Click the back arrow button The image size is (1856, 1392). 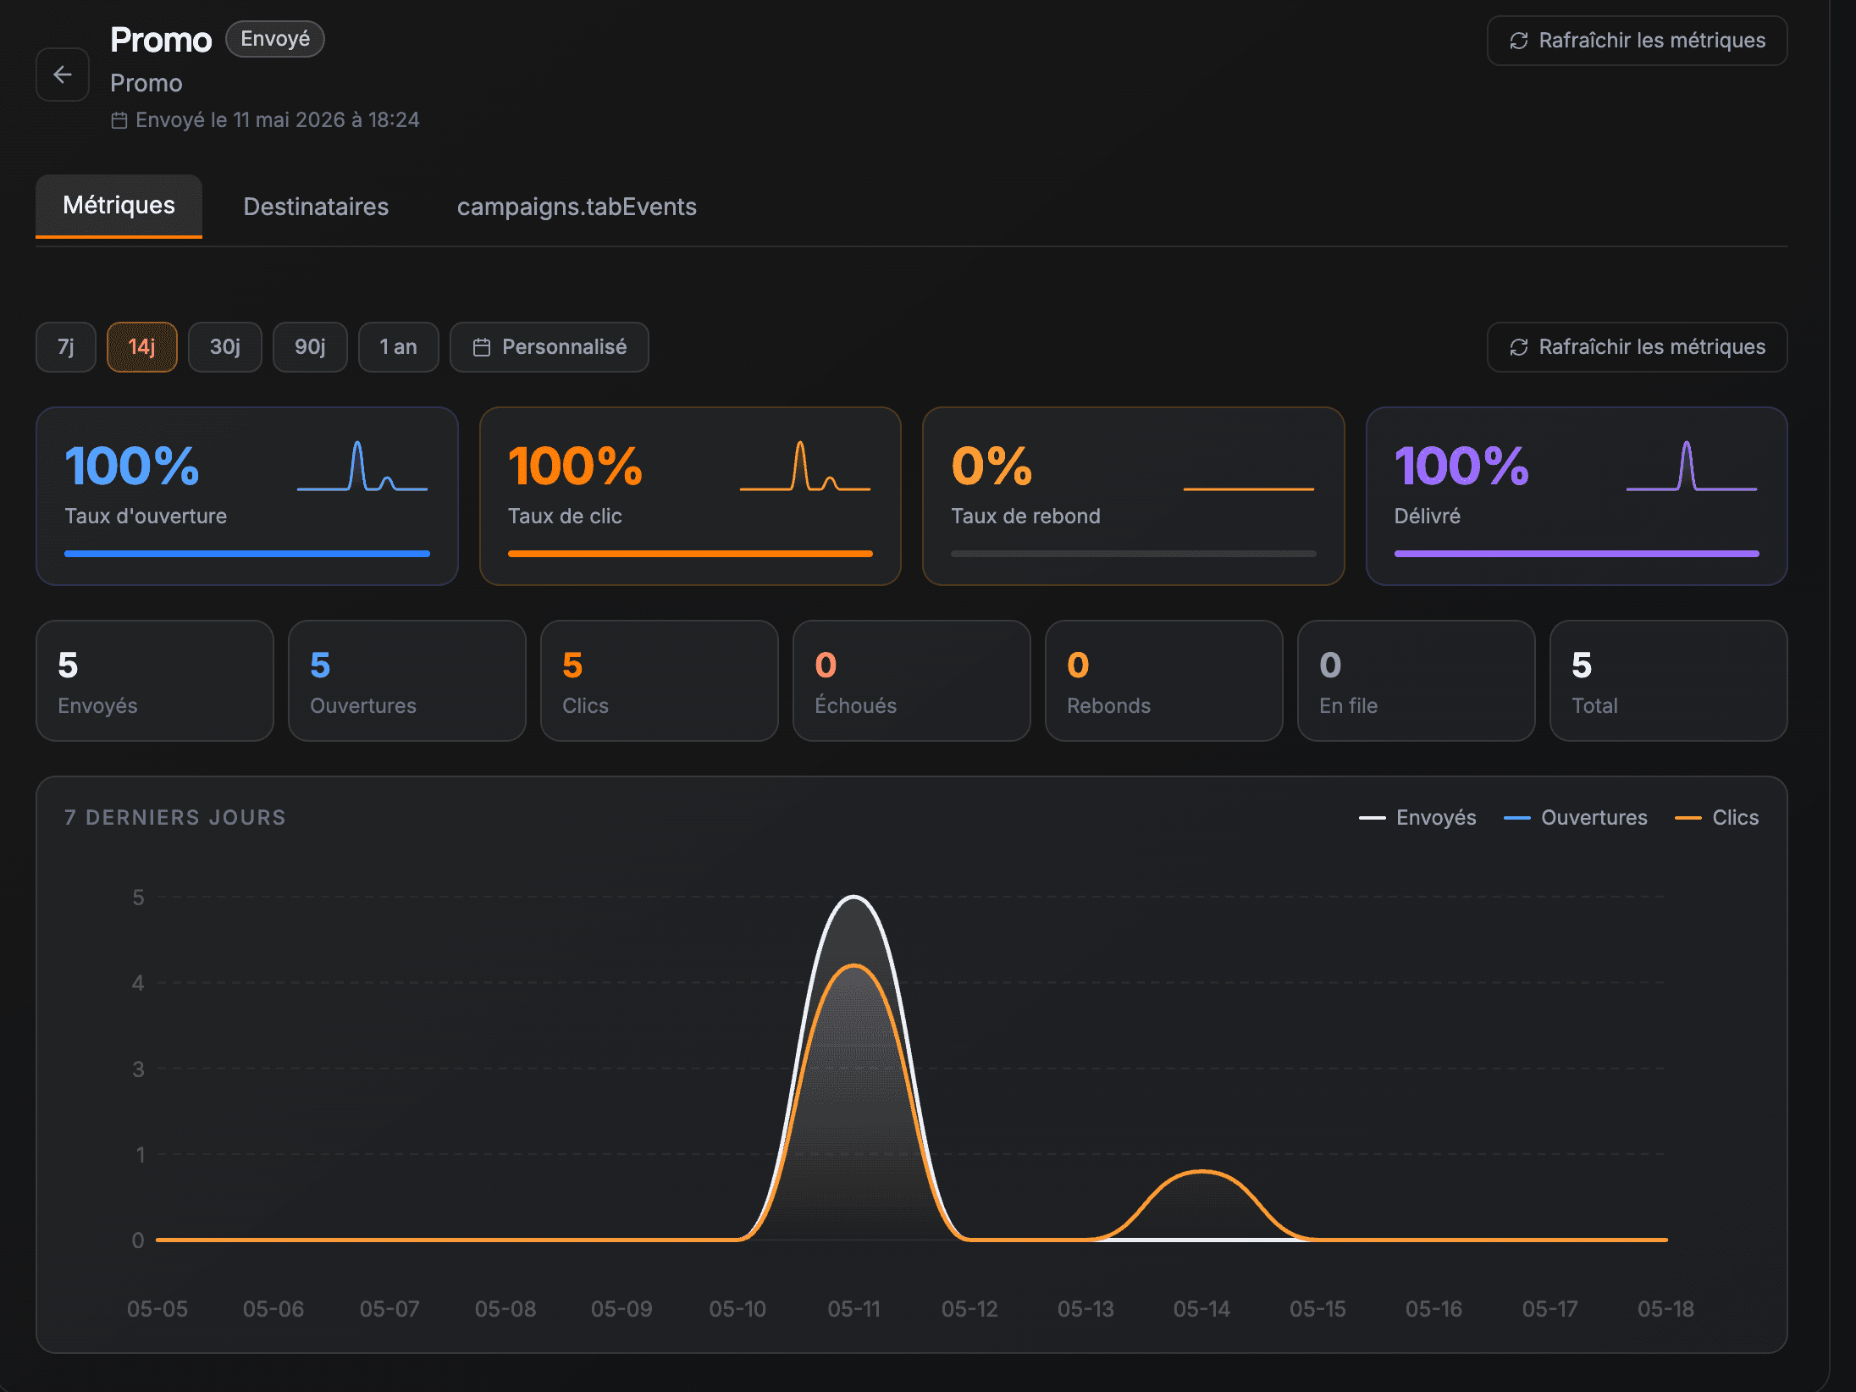63,75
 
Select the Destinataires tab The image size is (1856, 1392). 316,207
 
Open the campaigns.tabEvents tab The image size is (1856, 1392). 577,207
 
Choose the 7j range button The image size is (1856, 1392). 66,347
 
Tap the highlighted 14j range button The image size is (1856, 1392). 141,347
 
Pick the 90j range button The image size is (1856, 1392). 310,347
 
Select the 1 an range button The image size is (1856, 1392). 398,347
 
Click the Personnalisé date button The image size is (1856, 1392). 550,347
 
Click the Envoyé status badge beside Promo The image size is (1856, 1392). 275,39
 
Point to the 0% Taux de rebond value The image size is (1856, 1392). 992,466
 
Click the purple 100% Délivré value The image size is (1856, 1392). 1461,466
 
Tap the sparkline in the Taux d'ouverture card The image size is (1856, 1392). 362,466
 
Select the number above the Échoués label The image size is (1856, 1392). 826,666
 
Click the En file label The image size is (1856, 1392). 1348,705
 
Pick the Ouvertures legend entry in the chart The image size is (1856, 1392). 1576,817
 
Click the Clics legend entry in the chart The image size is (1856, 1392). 1717,817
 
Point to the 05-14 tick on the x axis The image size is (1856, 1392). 1201,1309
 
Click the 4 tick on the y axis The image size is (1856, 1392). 138,983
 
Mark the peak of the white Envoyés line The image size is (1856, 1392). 853,896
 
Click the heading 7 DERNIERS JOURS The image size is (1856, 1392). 175,817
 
